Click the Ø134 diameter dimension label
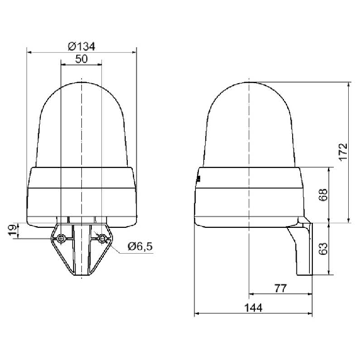point(81,47)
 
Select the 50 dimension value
point(81,59)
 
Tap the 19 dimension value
point(13,230)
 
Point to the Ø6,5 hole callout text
point(140,247)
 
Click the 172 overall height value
point(343,152)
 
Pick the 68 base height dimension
point(323,195)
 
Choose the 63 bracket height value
point(323,249)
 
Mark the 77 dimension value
point(280,288)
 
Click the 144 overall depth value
point(253,308)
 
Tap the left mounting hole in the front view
point(61,238)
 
